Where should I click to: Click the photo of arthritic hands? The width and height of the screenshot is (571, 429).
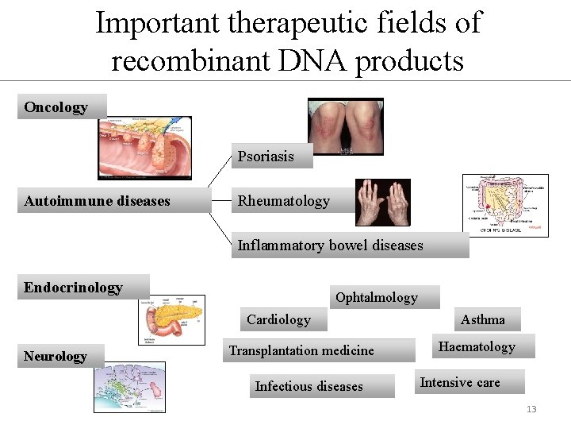382,202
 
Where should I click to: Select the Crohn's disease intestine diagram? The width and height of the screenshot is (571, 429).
504,204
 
